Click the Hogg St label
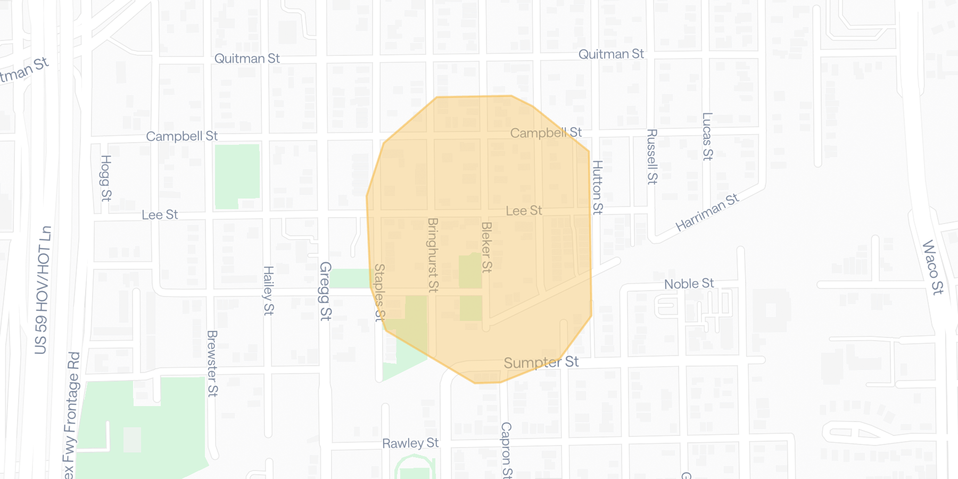106,178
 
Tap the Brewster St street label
212,364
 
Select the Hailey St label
269,291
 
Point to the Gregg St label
325,291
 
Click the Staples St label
379,293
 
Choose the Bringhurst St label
433,255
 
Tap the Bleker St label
486,247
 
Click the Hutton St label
598,187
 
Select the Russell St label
652,156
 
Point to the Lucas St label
707,136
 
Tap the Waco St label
932,267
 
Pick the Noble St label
689,284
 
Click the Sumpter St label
541,362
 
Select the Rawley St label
410,443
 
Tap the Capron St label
506,450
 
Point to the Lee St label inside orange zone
524,211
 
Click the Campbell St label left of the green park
181,136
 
